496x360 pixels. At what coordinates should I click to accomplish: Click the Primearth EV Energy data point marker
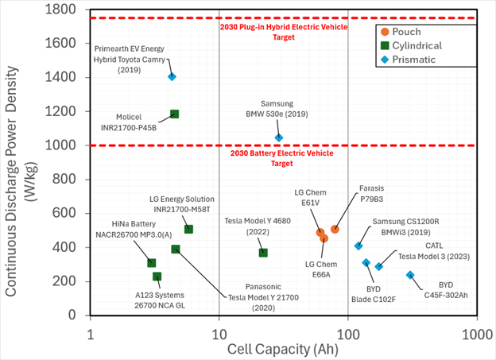(x=172, y=76)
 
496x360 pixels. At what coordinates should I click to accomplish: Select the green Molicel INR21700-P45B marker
(x=175, y=114)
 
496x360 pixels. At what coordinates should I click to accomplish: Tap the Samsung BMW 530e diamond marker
(x=278, y=137)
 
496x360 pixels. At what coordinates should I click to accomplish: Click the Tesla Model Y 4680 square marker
(x=263, y=253)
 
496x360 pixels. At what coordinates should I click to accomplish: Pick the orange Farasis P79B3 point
(x=335, y=229)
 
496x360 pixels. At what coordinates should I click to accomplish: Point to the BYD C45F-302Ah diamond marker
(x=410, y=275)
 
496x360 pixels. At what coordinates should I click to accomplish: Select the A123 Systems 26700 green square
(x=157, y=277)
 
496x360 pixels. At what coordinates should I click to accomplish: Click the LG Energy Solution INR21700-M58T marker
(x=188, y=230)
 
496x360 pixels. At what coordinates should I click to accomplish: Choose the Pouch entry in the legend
(x=412, y=31)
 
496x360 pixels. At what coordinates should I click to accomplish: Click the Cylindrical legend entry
(x=421, y=45)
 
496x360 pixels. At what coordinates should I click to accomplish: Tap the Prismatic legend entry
(x=418, y=60)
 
